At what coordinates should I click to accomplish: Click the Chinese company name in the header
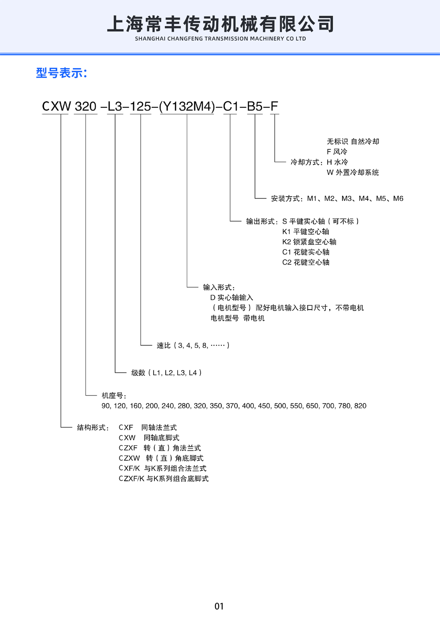tap(220, 24)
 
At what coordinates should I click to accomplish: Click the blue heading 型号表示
tap(61, 73)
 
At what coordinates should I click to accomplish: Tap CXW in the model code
tap(56, 107)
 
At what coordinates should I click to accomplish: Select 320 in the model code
tap(86, 107)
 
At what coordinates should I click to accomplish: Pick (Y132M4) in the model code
tap(187, 107)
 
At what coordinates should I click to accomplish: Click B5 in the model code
tap(255, 107)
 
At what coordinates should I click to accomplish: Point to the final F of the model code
tap(274, 107)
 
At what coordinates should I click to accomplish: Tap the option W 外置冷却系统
tap(353, 173)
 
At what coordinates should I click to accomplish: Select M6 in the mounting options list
tap(398, 199)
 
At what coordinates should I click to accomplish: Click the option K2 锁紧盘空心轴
tap(309, 242)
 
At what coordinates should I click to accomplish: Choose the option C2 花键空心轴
tap(306, 262)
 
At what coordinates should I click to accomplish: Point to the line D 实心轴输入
tap(232, 297)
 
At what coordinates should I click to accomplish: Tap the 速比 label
tap(164, 345)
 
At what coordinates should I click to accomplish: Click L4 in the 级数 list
tap(193, 373)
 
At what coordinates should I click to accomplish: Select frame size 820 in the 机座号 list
tap(360, 406)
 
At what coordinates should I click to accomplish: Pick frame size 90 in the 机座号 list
tap(106, 406)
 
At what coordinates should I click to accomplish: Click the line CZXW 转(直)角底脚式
tap(161, 458)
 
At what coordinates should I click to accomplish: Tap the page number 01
tap(219, 606)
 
